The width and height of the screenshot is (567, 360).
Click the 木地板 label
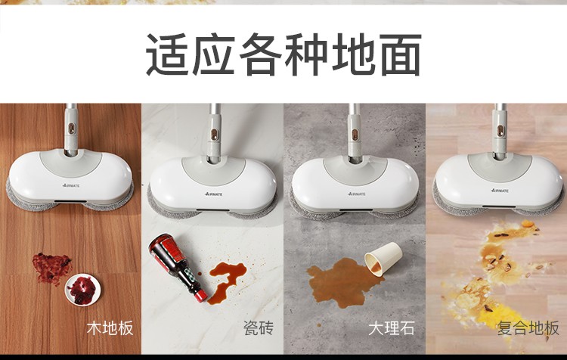pos(110,327)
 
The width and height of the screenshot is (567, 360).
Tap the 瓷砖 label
pos(259,327)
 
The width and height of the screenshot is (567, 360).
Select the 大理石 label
pos(391,327)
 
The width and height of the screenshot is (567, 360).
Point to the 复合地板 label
pos(528,327)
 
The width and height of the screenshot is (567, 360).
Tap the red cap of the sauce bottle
pos(200,296)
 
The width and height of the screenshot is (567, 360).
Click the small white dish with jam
pos(82,290)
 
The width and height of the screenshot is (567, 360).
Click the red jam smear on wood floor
pos(51,267)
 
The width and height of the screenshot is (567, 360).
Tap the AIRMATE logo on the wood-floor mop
pos(71,185)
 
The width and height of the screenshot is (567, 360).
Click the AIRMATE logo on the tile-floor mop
pos(214,194)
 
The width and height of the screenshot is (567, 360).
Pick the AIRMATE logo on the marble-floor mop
pos(357,194)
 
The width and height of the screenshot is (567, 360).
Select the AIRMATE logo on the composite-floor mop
pos(500,191)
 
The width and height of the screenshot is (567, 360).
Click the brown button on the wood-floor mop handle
pos(72,128)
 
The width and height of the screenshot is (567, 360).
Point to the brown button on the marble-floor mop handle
pos(355,135)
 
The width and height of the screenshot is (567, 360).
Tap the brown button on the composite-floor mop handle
pos(500,131)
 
